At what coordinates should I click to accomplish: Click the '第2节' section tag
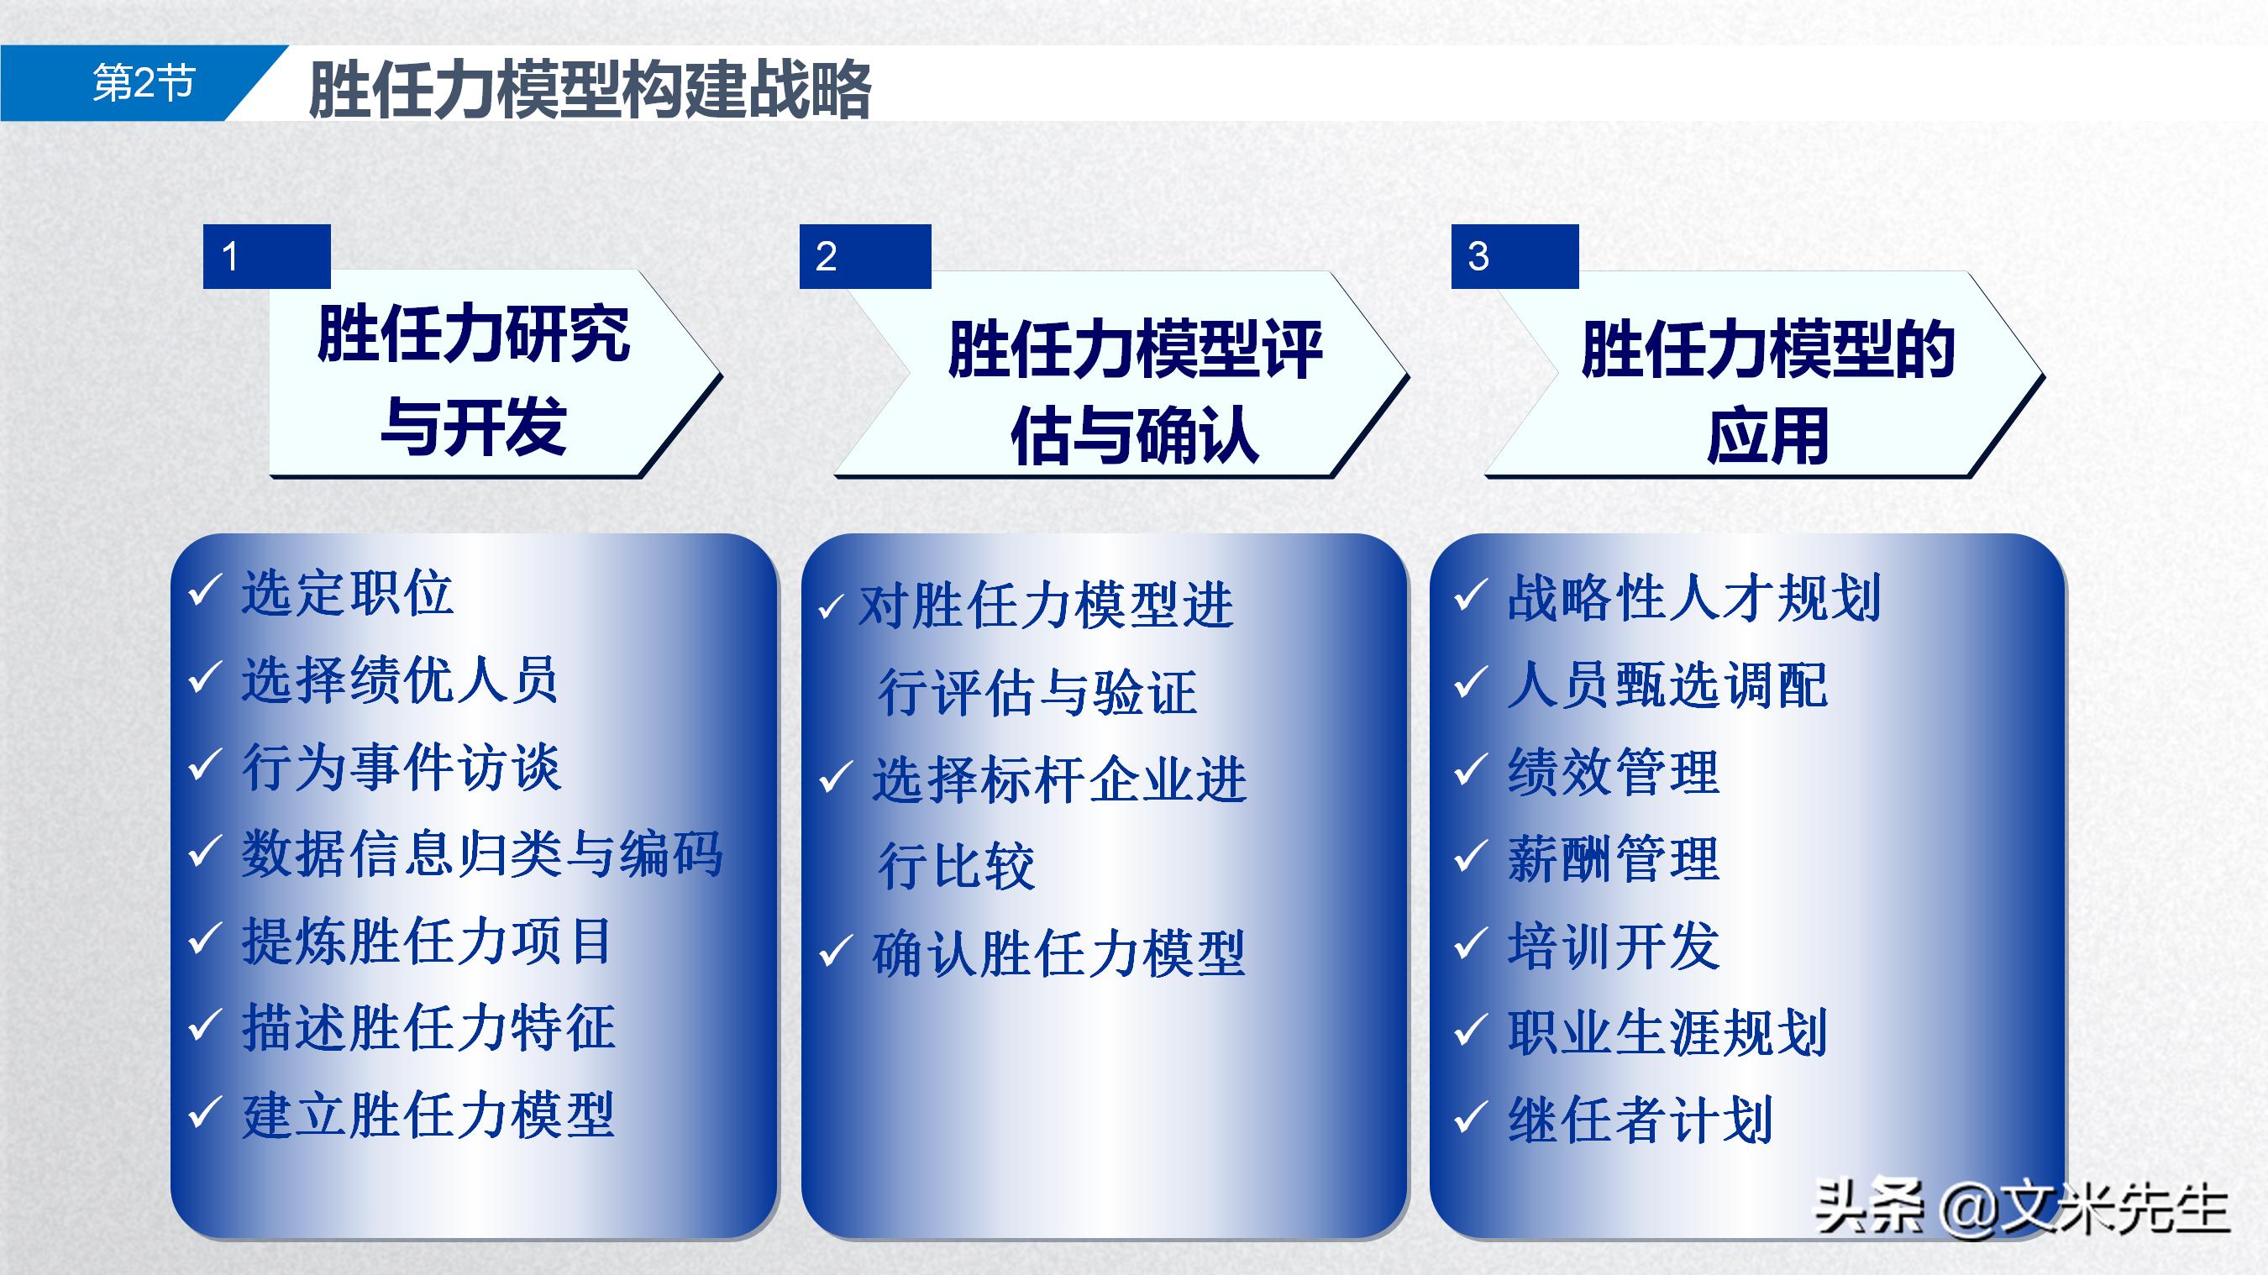tap(144, 84)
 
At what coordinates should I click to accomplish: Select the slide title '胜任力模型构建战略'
tap(589, 89)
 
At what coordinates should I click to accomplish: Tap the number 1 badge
tap(266, 256)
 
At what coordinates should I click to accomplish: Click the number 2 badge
tap(864, 256)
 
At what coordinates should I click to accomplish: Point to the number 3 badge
tap(1514, 256)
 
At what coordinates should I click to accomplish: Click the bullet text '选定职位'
tap(348, 593)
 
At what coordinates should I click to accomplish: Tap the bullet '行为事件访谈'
tap(402, 766)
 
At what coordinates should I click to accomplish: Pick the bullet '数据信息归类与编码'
tap(481, 853)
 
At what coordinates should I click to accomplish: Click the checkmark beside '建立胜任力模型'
tap(203, 1113)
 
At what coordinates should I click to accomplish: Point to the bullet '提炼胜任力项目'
tap(427, 941)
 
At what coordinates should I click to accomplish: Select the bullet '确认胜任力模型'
tap(1058, 953)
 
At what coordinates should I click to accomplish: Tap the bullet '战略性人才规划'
tap(1694, 598)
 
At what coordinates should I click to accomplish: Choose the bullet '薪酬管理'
tap(1613, 858)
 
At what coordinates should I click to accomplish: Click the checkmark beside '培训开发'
tap(1469, 944)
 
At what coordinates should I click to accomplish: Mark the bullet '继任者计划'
tap(1640, 1120)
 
